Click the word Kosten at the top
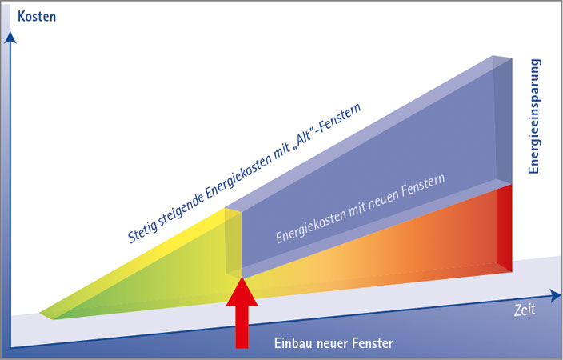coord(37,14)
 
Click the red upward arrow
coord(242,312)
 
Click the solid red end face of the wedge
coord(503,229)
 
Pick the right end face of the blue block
coord(503,120)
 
